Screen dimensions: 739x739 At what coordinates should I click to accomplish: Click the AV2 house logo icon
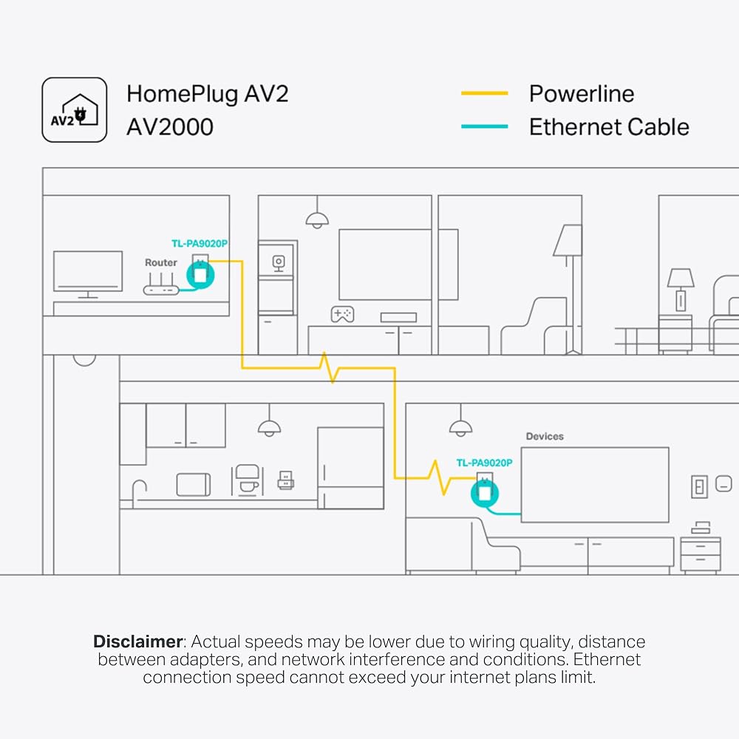click(75, 110)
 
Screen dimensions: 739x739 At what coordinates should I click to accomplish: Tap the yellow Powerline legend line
click(485, 93)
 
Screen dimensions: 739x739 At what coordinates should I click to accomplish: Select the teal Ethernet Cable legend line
click(485, 126)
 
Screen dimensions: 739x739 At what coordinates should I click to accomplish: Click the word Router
click(160, 262)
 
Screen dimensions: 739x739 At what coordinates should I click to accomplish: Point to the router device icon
click(161, 285)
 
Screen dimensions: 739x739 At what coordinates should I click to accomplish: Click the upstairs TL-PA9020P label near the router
click(200, 244)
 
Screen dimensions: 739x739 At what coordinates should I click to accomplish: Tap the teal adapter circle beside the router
click(200, 275)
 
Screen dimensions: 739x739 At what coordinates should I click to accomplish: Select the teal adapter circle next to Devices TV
click(485, 493)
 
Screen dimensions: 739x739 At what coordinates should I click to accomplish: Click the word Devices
click(545, 437)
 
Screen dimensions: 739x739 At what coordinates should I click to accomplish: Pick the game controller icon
click(343, 314)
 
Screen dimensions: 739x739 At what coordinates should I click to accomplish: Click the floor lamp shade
click(568, 240)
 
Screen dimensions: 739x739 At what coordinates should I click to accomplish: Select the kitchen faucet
click(139, 492)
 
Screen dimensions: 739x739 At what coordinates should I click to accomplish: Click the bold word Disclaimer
click(138, 641)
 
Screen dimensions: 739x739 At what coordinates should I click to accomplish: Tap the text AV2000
click(170, 127)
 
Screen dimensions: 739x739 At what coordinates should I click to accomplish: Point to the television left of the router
click(88, 274)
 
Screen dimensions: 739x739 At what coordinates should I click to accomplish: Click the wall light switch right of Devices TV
click(699, 487)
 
